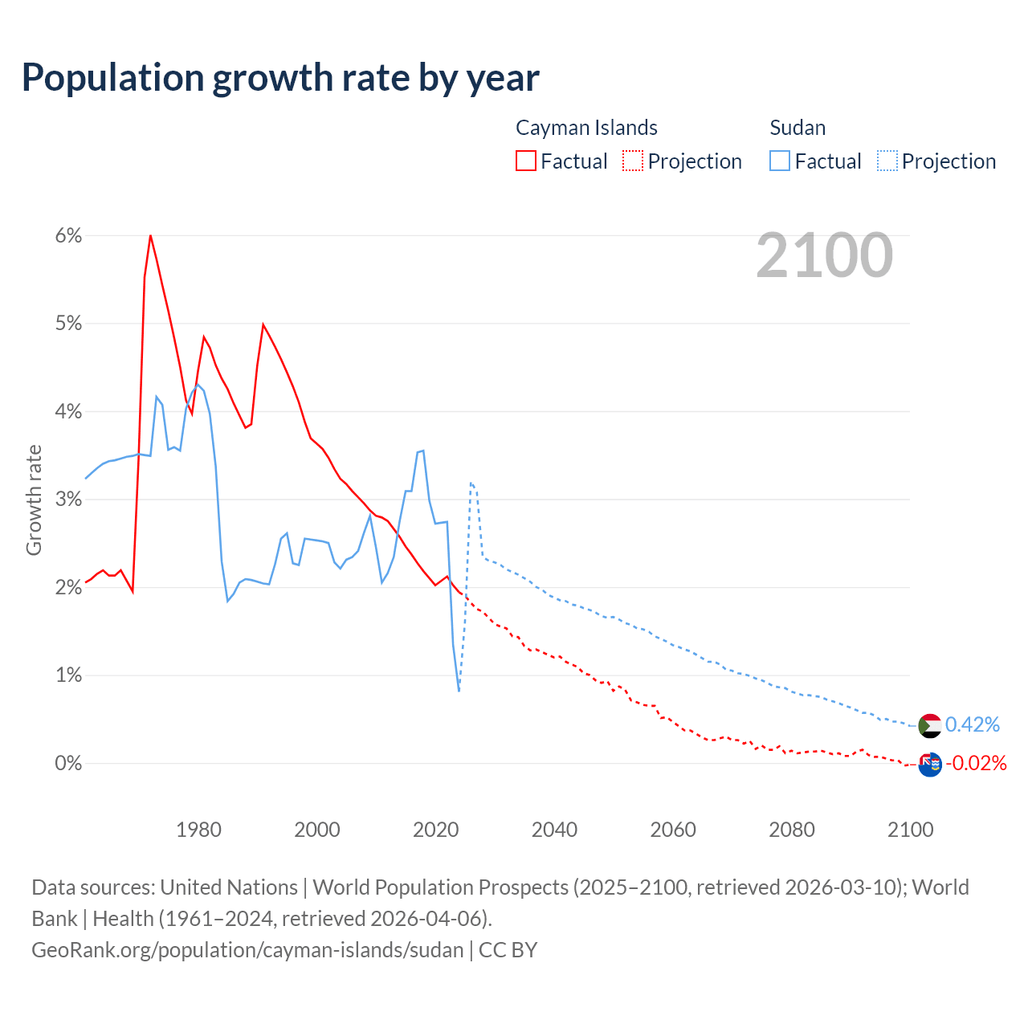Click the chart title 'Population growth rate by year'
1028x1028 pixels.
pos(280,77)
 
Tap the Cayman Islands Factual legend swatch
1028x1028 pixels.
pos(526,161)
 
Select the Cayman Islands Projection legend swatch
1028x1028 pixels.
pos(633,161)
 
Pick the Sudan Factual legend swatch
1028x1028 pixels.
pos(780,161)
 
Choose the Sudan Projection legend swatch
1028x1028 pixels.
pos(887,161)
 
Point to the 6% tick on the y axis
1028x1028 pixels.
pos(69,236)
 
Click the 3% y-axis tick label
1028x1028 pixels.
pos(69,500)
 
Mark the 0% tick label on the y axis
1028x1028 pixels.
pos(69,763)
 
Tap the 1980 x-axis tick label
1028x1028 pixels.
pos(198,830)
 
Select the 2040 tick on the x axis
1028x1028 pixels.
pos(554,830)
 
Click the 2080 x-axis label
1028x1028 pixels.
pos(792,830)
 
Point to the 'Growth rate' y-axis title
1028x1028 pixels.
pos(34,500)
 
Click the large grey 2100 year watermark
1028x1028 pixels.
pos(824,255)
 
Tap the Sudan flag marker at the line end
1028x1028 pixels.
pos(929,725)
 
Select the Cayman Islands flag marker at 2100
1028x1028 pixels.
pos(929,764)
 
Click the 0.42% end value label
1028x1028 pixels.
pos(973,725)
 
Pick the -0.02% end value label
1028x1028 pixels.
pos(976,763)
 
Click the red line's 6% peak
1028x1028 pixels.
pos(150,235)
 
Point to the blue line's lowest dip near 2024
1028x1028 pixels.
pos(459,690)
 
